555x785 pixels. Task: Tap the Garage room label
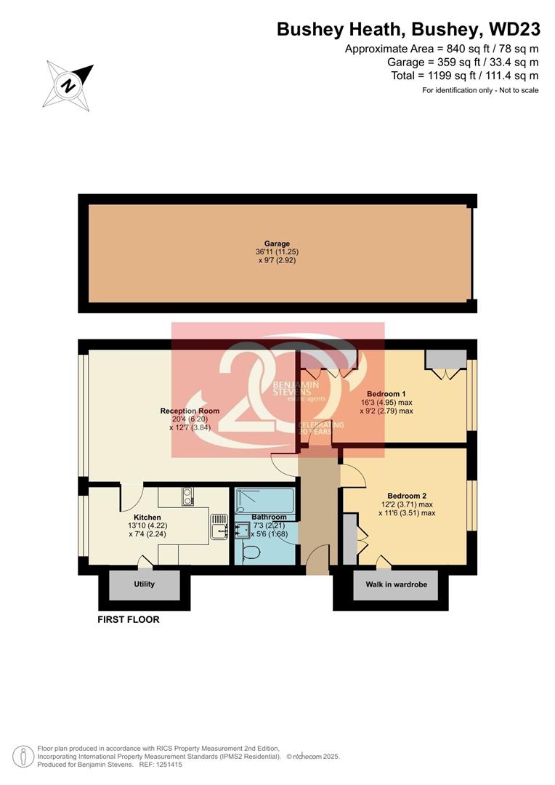(x=277, y=244)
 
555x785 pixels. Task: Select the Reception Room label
(x=190, y=411)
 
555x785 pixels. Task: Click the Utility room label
(x=145, y=584)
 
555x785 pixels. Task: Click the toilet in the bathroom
(x=251, y=553)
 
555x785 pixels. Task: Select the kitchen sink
(x=219, y=526)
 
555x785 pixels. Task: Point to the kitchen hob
(x=187, y=496)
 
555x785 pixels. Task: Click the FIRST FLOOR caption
(x=129, y=620)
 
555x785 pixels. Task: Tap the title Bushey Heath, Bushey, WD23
(x=408, y=30)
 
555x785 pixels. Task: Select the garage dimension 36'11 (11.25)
(x=277, y=252)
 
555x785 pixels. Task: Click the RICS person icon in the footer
(x=24, y=756)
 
